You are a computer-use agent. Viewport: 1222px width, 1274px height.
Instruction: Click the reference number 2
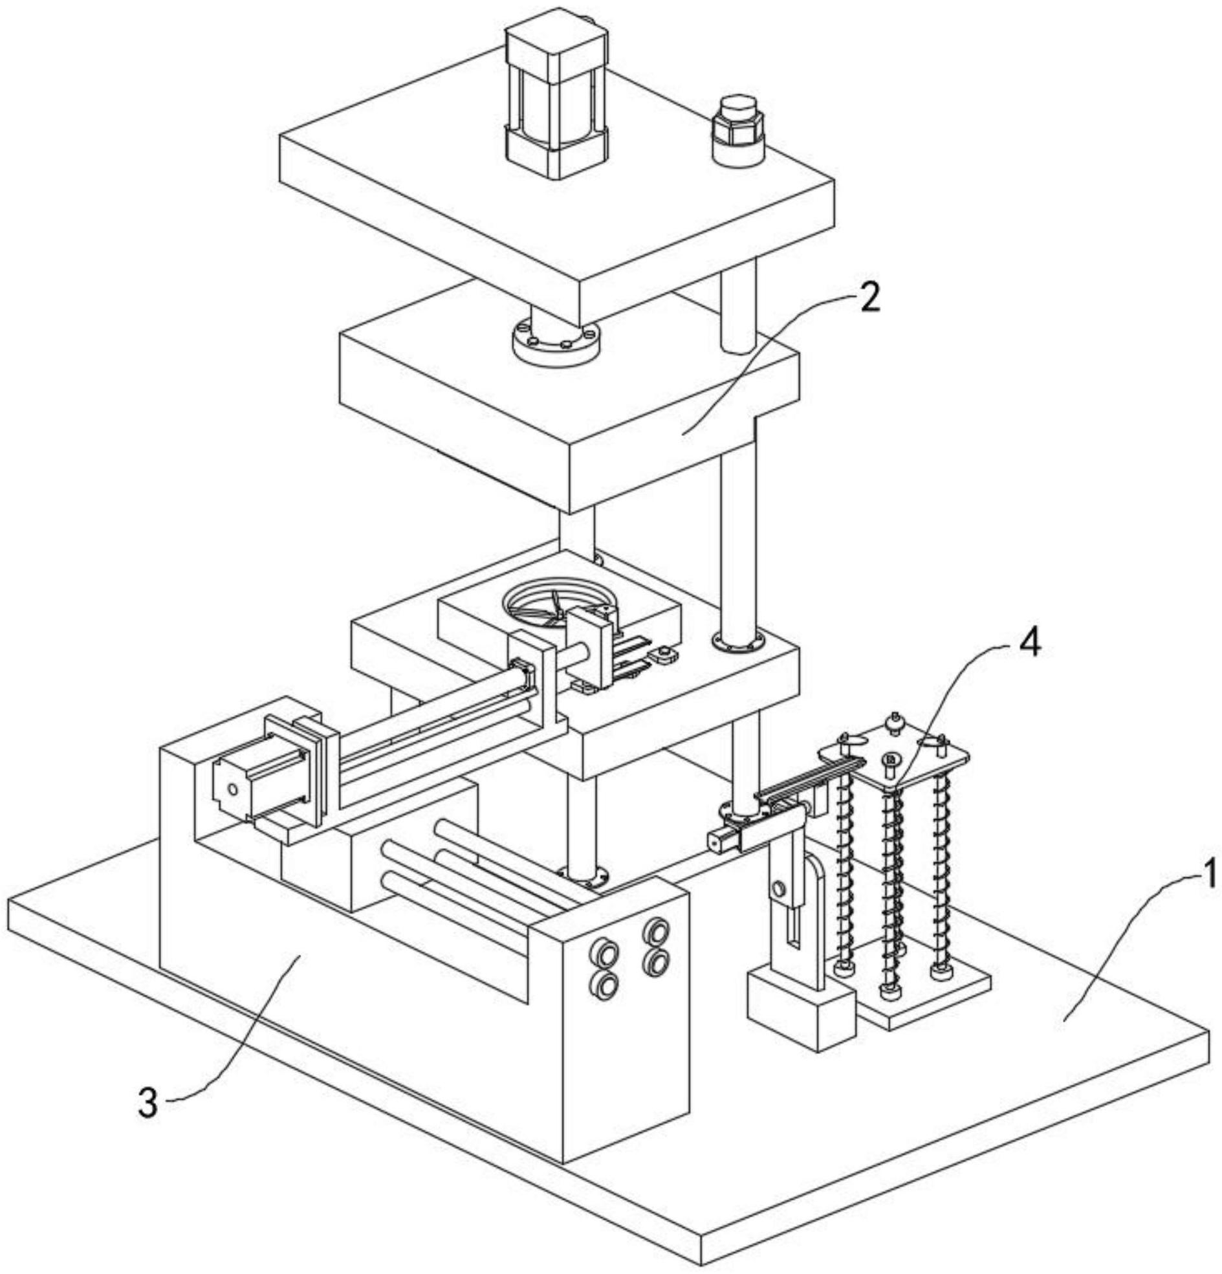pyautogui.click(x=869, y=298)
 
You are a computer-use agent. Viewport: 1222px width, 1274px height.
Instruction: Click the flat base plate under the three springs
pyautogui.click(x=923, y=998)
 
